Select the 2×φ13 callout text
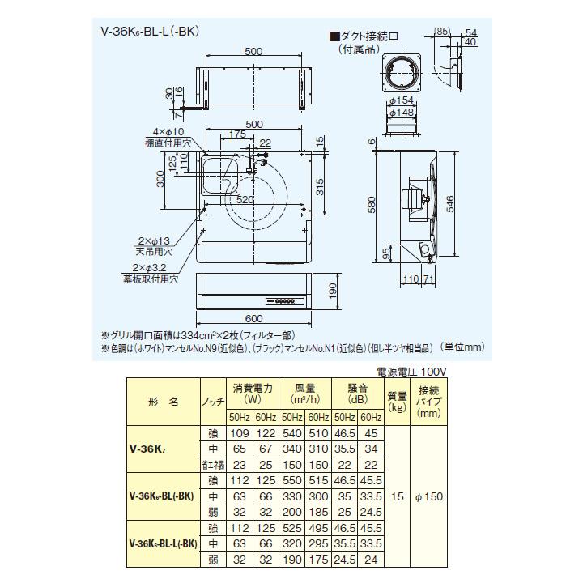coord(152,241)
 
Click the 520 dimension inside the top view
coord(248,198)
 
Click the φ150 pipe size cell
coord(428,496)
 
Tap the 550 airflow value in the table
coord(292,480)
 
